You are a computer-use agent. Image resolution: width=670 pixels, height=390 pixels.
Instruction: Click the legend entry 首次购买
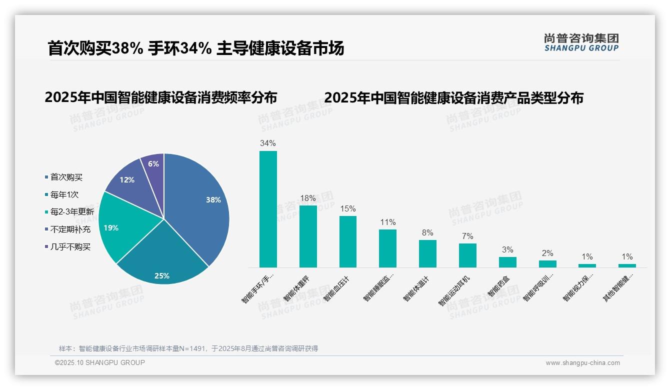[x=66, y=177]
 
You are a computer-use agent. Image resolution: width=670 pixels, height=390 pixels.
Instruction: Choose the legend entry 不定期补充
[x=70, y=229]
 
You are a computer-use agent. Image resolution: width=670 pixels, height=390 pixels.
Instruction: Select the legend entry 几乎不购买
[x=70, y=247]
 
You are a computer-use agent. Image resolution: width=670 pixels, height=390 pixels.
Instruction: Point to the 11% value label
[x=387, y=222]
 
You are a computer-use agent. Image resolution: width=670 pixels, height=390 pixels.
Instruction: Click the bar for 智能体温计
[x=427, y=253]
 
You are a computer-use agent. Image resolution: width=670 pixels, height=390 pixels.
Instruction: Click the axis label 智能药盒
[x=500, y=285]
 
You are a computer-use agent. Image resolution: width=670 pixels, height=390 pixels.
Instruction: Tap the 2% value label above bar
[x=547, y=253]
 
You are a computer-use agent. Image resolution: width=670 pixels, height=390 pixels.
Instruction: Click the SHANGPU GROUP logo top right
[x=581, y=42]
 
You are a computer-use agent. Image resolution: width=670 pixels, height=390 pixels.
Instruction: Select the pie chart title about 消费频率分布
[x=160, y=97]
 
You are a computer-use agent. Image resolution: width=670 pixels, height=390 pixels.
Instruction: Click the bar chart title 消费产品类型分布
[x=453, y=97]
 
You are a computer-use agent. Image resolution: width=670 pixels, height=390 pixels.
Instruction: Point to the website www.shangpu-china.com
[x=582, y=363]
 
